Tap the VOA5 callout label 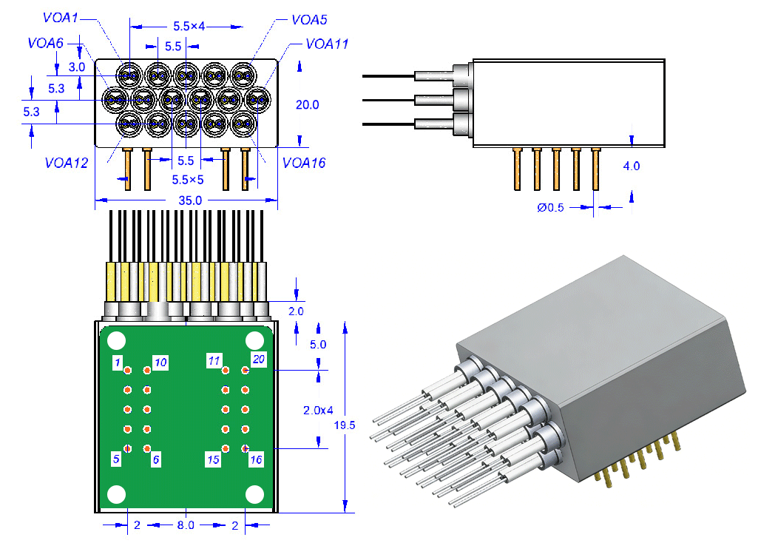309,20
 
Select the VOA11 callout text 326,44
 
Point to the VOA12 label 67,163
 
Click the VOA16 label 304,163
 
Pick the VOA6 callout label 45,43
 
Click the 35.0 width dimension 190,200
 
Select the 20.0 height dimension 307,105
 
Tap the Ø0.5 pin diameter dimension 550,208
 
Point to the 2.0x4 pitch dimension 319,409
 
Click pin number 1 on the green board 117,362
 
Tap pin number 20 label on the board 258,360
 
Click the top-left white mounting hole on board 117,341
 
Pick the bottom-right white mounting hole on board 255,494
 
